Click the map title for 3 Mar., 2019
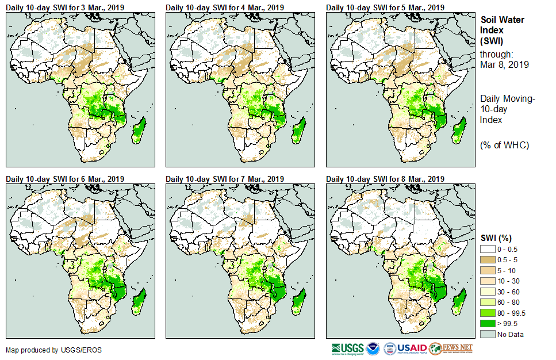click(x=65, y=7)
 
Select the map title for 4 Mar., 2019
click(x=225, y=7)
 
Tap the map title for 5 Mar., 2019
click(x=385, y=7)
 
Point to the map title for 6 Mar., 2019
click(x=65, y=179)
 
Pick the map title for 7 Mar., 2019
click(x=225, y=179)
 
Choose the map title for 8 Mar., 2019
click(x=385, y=179)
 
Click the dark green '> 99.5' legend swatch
click(x=488, y=324)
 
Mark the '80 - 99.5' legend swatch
click(x=488, y=313)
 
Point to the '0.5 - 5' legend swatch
click(x=488, y=259)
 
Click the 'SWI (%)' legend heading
click(x=496, y=238)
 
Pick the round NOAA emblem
click(x=374, y=348)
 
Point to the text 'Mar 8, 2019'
click(x=504, y=64)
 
